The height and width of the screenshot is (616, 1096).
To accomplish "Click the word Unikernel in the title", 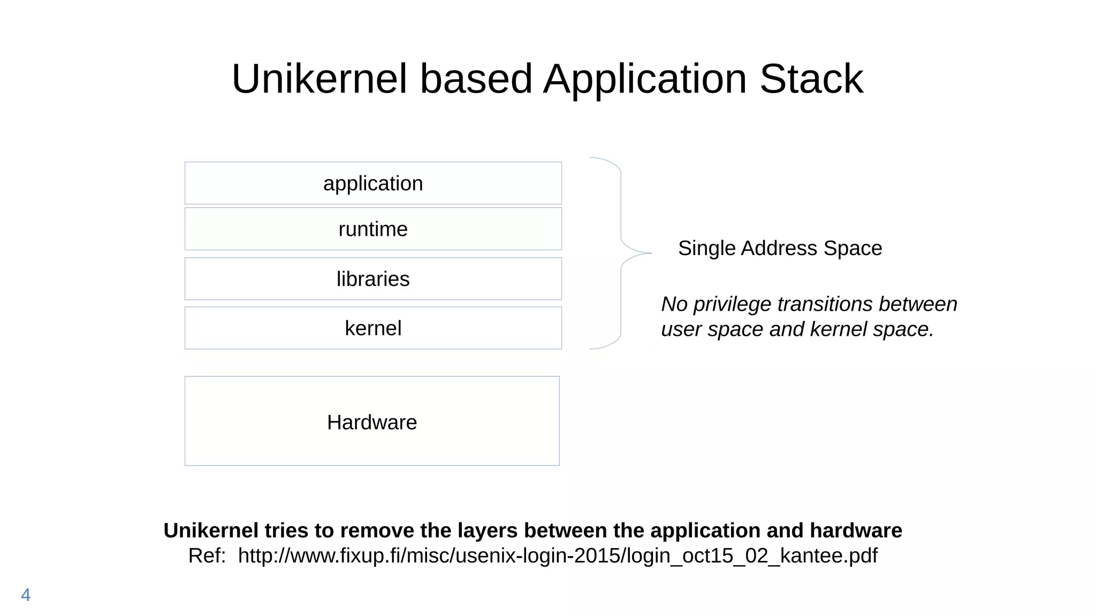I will point(319,79).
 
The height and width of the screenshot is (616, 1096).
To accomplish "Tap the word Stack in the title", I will point(811,79).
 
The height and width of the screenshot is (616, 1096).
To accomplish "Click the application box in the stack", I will point(373,183).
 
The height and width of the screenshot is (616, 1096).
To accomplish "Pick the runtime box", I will point(373,229).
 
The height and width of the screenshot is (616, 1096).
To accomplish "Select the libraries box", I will point(373,279).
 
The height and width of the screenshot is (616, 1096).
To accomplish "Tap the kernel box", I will point(373,328).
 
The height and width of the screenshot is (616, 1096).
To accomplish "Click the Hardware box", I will point(372,422).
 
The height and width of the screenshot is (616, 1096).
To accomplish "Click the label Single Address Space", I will point(780,248).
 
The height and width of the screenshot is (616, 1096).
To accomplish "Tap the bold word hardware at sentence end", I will point(856,530).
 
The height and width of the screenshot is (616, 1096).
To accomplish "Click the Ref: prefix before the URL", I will point(207,556).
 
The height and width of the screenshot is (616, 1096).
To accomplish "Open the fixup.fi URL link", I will point(557,556).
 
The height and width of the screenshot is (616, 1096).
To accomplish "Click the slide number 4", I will point(26,595).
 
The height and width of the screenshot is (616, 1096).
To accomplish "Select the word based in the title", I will point(476,79).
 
